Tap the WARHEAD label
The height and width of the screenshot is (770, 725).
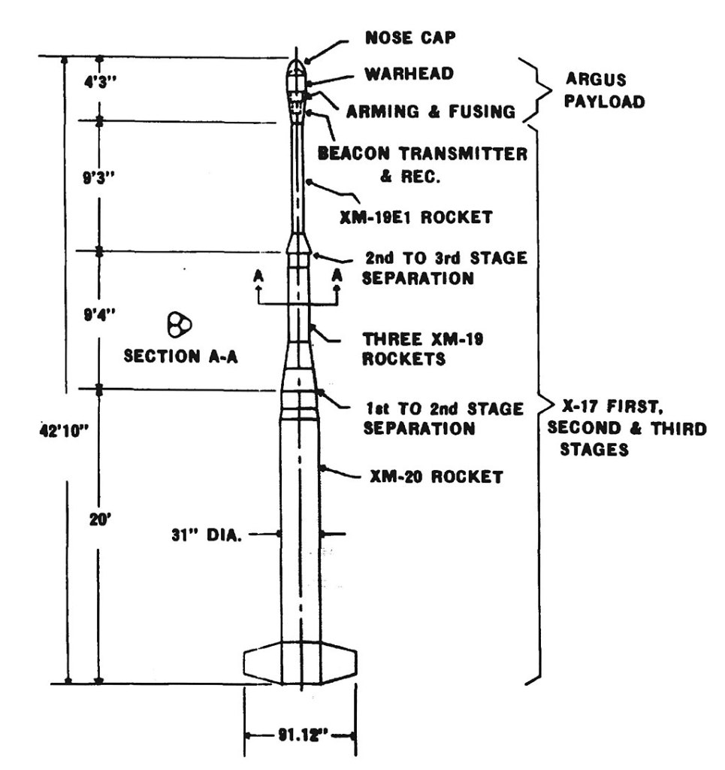click(x=409, y=74)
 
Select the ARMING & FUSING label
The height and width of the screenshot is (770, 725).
click(x=430, y=111)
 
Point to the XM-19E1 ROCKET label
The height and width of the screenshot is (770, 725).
click(x=427, y=217)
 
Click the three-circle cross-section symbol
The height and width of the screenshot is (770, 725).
click(x=180, y=326)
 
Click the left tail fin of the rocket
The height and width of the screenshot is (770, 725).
click(x=262, y=662)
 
